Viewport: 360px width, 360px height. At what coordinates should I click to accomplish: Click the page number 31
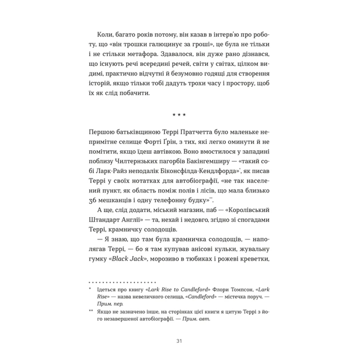coord(179,341)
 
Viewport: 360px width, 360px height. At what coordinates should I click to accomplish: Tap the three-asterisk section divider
coord(179,115)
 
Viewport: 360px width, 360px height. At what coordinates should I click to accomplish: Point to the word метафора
coord(145,56)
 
